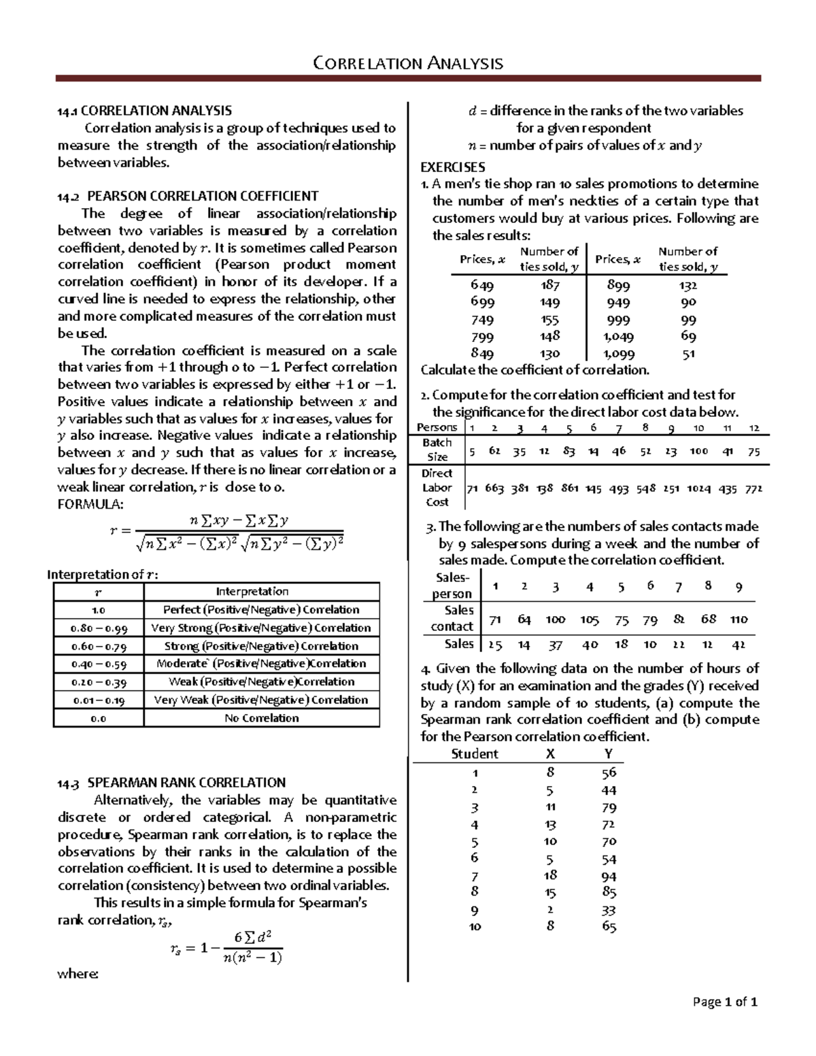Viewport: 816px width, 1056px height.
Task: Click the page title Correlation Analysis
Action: click(x=407, y=64)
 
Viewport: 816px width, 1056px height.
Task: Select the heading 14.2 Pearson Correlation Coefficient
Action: click(x=188, y=197)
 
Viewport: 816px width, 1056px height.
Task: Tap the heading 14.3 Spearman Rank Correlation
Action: click(x=171, y=783)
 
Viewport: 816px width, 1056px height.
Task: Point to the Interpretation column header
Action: click(x=261, y=592)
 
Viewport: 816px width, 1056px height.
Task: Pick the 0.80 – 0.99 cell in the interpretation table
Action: click(x=99, y=628)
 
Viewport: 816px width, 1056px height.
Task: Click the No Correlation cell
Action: click(x=261, y=718)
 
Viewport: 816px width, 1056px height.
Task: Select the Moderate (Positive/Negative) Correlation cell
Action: click(x=261, y=664)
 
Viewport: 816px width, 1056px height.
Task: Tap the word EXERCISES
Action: click(x=453, y=167)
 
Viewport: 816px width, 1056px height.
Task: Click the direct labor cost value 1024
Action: click(x=698, y=488)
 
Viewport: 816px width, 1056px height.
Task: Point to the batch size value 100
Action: click(x=698, y=451)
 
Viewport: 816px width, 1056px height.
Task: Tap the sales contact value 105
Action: click(x=589, y=619)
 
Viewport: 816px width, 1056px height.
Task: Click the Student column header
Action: click(x=475, y=754)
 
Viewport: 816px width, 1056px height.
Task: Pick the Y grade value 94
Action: click(x=609, y=877)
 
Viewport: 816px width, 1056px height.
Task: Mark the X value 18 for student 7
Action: click(x=550, y=876)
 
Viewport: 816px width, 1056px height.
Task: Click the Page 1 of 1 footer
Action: click(x=724, y=1002)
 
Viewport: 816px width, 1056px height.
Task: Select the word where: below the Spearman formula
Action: click(x=78, y=974)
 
